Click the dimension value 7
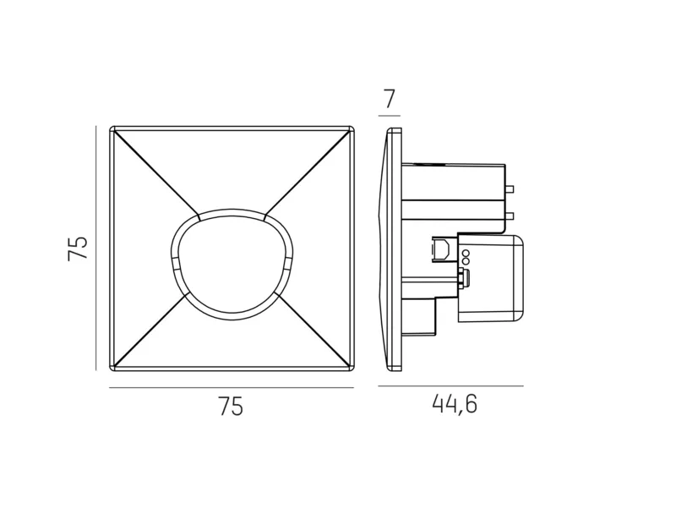coord(390,99)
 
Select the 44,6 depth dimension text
coord(455,405)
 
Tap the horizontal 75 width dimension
coord(231,407)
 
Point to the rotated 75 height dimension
coord(78,248)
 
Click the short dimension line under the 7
coord(390,116)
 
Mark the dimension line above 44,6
coord(451,386)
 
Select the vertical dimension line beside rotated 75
coord(95,248)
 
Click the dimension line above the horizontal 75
coord(232,388)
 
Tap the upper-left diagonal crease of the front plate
coord(156,173)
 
